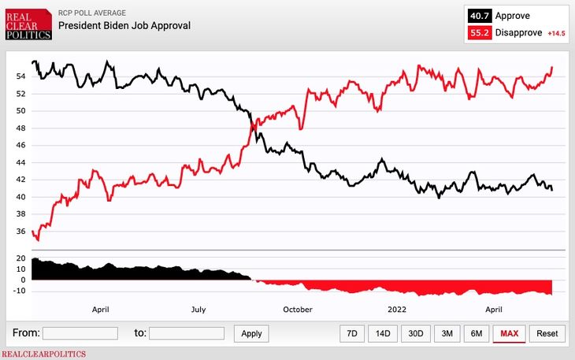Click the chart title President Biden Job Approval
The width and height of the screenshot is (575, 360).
(x=124, y=25)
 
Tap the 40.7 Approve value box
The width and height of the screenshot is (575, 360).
(x=479, y=16)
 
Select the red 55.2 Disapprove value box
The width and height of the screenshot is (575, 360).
(x=479, y=33)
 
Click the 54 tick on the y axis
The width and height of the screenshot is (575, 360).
(x=21, y=76)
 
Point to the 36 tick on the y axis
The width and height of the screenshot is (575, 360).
(x=21, y=232)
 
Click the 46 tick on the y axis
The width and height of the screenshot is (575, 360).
(x=21, y=146)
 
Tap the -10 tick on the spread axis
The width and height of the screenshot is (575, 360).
(x=19, y=291)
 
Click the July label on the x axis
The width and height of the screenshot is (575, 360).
(x=198, y=310)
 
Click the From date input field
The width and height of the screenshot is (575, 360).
(x=80, y=333)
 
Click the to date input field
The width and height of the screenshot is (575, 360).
(x=186, y=333)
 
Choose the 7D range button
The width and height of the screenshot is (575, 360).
(x=352, y=333)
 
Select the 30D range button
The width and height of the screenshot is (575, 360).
(x=415, y=333)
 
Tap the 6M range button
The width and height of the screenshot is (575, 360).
(x=476, y=333)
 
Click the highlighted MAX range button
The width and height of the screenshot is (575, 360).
(x=509, y=333)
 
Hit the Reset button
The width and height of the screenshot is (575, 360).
(x=547, y=333)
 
